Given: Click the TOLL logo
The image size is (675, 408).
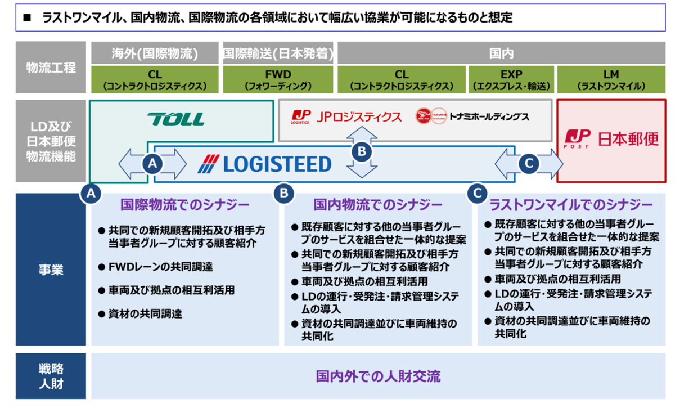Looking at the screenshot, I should point(175,119).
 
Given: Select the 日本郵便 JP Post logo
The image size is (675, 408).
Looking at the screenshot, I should point(612,138).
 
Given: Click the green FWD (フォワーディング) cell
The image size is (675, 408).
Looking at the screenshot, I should point(278,79).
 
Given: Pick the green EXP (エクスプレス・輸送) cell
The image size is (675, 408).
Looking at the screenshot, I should point(511,79).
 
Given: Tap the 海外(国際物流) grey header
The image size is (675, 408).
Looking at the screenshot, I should point(154,53).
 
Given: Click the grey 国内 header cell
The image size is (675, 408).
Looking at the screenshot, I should point(502,53).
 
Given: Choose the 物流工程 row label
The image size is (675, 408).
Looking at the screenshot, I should point(51,67).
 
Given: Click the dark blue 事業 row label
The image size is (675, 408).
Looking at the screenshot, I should point(51,269).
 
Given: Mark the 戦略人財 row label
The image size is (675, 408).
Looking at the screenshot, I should point(51,376).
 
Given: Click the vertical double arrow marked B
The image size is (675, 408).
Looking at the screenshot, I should point(362,151).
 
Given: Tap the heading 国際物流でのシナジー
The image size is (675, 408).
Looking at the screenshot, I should point(185,204).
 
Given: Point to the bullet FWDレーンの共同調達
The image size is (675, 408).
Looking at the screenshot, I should point(160,266).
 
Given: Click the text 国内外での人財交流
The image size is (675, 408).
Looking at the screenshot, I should point(378,376).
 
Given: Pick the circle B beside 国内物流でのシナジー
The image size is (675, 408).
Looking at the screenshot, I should point(283,193).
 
